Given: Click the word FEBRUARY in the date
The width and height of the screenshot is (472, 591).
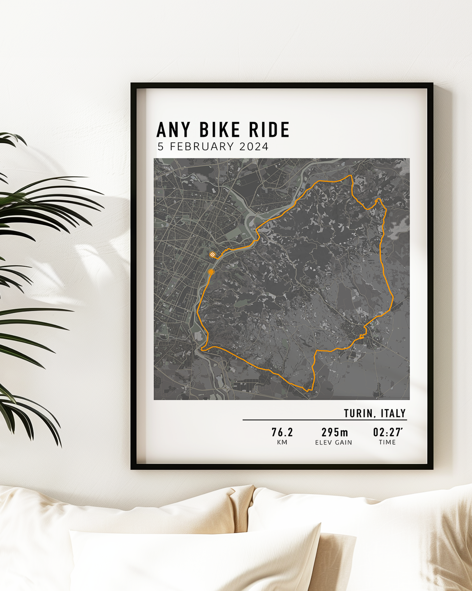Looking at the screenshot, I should tap(202, 147).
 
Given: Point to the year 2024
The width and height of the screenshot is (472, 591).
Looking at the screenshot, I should tap(254, 147).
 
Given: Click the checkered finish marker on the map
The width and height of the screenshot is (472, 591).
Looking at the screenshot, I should tap(212, 255).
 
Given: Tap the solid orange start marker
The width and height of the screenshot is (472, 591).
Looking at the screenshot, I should tap(211, 272).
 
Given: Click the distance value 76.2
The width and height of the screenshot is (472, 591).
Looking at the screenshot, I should tap(282, 433).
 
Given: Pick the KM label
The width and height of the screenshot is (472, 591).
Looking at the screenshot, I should tap(282, 443).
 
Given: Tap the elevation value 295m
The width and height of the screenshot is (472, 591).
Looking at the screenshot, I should tap(335, 433).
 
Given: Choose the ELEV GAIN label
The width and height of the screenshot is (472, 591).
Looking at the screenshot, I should tap(334, 443).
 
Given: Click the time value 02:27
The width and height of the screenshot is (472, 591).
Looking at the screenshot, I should tap(387, 433).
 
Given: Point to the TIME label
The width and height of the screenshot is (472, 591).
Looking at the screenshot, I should tap(387, 442).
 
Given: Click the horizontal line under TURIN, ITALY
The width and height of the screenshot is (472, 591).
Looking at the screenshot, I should tap(324, 420).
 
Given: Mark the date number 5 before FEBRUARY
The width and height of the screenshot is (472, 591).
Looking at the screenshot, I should tap(160, 147).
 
